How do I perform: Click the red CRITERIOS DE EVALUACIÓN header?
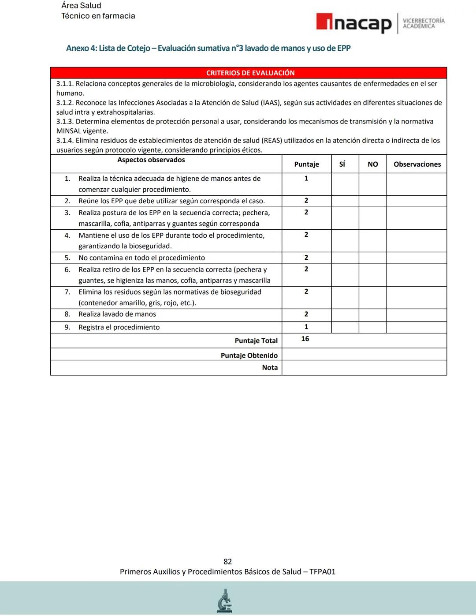(x=250, y=73)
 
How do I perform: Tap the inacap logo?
(x=353, y=23)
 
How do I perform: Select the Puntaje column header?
(x=306, y=164)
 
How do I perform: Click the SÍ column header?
(x=342, y=164)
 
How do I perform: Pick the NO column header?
(x=372, y=164)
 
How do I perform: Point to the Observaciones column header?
(x=417, y=164)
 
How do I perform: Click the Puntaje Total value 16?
(x=305, y=339)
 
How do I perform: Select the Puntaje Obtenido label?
(x=249, y=355)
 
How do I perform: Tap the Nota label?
(x=270, y=367)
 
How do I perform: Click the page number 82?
(x=227, y=561)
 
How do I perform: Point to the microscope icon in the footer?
(x=225, y=601)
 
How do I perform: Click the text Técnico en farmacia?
(x=98, y=16)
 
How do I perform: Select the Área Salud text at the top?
(x=81, y=5)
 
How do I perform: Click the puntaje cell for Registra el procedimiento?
(x=306, y=327)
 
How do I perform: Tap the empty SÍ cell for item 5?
(x=345, y=258)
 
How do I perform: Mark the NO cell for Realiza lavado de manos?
(x=372, y=314)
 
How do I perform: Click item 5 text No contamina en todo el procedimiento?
(x=141, y=258)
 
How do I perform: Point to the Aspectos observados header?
(x=151, y=160)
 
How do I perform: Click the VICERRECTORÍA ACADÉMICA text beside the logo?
(x=424, y=23)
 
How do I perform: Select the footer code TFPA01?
(x=322, y=571)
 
